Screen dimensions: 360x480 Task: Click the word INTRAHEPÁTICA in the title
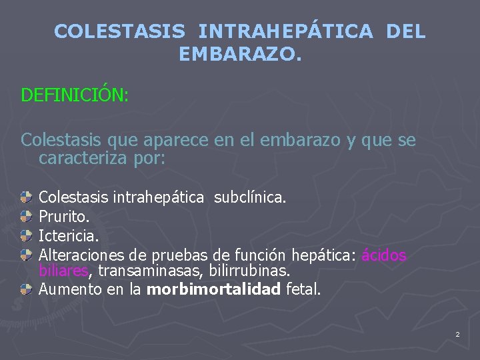pyautogui.click(x=286, y=31)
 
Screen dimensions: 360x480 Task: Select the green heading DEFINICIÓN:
pyautogui.click(x=75, y=95)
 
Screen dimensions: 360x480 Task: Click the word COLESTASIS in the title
pyautogui.click(x=119, y=31)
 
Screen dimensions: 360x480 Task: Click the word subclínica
pyautogui.click(x=250, y=197)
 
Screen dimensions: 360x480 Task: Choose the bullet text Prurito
pyautogui.click(x=65, y=217)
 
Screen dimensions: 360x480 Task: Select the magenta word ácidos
pyautogui.click(x=384, y=255)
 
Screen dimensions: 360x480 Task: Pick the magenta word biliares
pyautogui.click(x=64, y=271)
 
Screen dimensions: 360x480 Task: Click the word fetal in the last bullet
pyautogui.click(x=304, y=289)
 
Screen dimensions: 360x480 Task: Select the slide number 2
pyautogui.click(x=457, y=333)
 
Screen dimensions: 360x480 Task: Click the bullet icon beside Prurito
pyautogui.click(x=26, y=216)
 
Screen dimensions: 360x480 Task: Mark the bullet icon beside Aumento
pyautogui.click(x=26, y=289)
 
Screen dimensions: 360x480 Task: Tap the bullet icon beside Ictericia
pyautogui.click(x=26, y=235)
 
